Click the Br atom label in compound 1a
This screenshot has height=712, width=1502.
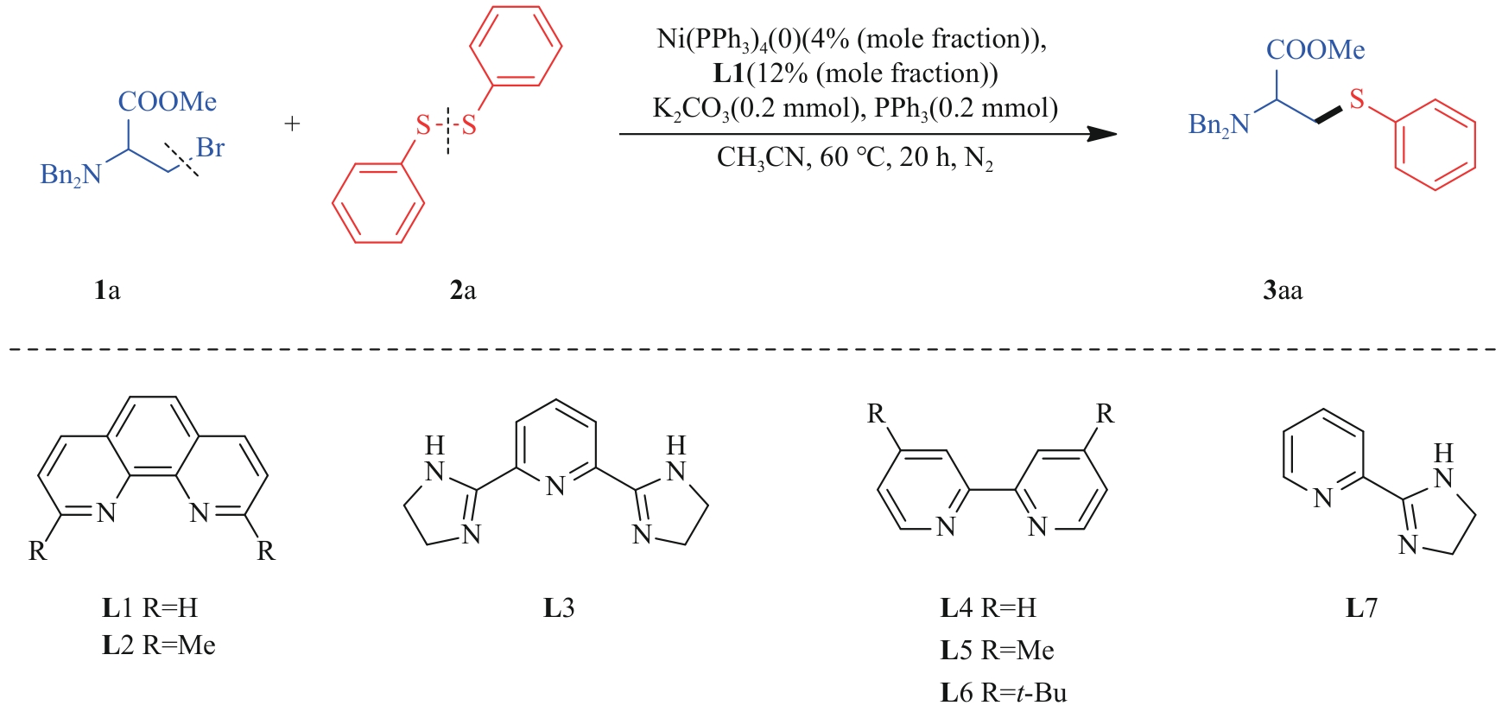[210, 148]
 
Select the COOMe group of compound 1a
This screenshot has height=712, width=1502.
[167, 102]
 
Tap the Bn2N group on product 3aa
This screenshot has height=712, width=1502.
[1219, 125]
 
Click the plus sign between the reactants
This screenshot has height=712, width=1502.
[292, 124]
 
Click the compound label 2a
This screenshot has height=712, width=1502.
[463, 290]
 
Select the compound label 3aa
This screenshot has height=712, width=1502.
[1283, 290]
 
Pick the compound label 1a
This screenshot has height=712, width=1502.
[107, 290]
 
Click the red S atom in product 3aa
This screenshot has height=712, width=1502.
[1357, 99]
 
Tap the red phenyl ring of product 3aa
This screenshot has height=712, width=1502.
[1435, 144]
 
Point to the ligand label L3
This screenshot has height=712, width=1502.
[558, 608]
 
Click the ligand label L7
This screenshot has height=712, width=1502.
[1361, 608]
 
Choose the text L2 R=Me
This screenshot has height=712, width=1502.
[159, 645]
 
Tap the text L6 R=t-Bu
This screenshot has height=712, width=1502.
[1004, 693]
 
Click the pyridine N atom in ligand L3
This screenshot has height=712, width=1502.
[555, 486]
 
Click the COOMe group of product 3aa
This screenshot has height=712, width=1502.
[1315, 50]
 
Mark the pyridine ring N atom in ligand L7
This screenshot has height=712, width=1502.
[1322, 499]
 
